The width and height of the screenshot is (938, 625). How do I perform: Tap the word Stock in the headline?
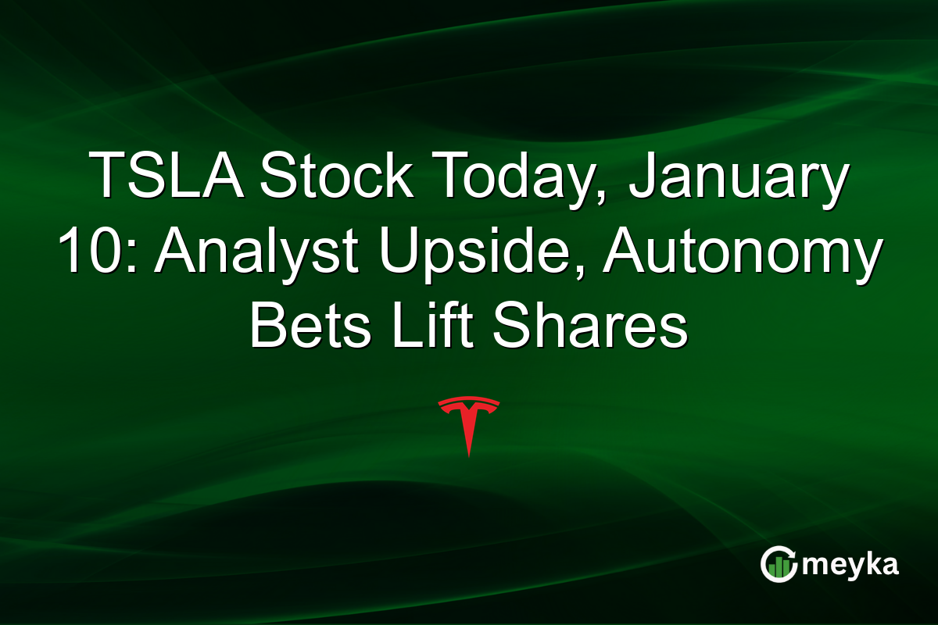coord(335,176)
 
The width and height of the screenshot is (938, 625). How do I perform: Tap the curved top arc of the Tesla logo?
coord(468,402)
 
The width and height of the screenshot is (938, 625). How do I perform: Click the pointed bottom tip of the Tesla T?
coord(468,455)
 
